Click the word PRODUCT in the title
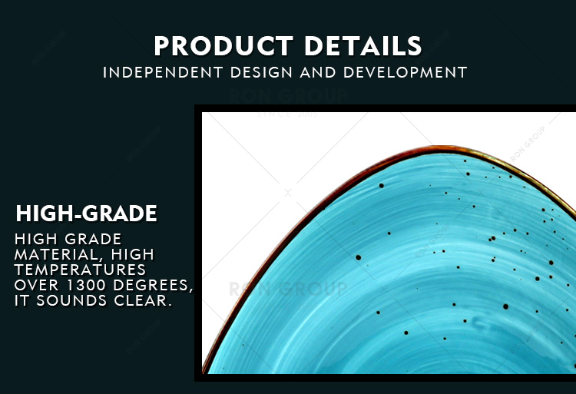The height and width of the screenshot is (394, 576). click(x=223, y=45)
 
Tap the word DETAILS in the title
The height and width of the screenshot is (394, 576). click(x=363, y=45)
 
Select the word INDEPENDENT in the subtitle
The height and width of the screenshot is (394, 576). click(x=163, y=72)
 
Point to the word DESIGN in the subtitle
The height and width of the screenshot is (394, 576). click(x=261, y=72)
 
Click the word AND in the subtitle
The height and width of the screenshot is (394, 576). click(x=318, y=72)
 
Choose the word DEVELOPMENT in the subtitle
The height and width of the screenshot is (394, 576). click(x=406, y=72)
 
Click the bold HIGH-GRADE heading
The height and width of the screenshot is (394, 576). click(x=86, y=214)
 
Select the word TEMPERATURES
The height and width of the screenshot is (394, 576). click(x=80, y=270)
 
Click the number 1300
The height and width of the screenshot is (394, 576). click(x=88, y=285)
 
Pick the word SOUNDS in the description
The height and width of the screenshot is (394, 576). click(x=71, y=301)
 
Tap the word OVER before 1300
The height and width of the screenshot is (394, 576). click(x=37, y=285)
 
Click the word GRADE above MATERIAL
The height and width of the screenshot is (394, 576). click(x=93, y=239)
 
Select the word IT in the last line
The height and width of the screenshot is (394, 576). click(x=22, y=301)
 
